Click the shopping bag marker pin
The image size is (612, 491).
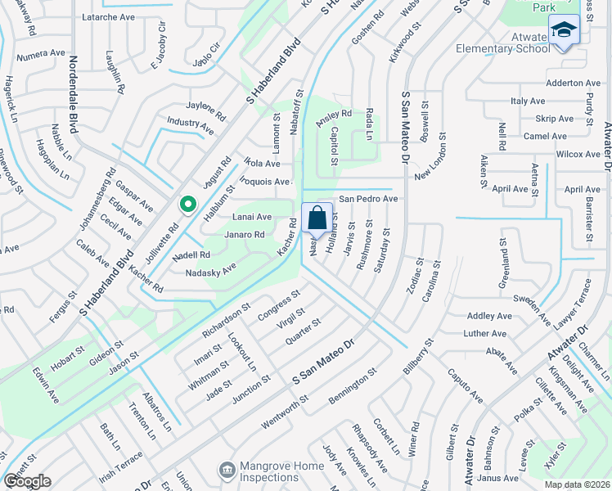pyautogui.click(x=317, y=219)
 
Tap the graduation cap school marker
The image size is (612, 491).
pyautogui.click(x=563, y=30)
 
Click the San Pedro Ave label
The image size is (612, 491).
pyautogui.click(x=368, y=199)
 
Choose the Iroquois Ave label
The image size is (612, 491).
pyautogui.click(x=268, y=182)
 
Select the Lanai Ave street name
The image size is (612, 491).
pyautogui.click(x=252, y=217)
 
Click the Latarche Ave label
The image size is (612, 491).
pyautogui.click(x=109, y=16)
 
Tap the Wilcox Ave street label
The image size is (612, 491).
pyautogui.click(x=577, y=154)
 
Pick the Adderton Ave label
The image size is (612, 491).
pyautogui.click(x=573, y=83)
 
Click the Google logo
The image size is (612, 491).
pyautogui.click(x=27, y=480)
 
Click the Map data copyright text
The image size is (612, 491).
pyautogui.click(x=578, y=484)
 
